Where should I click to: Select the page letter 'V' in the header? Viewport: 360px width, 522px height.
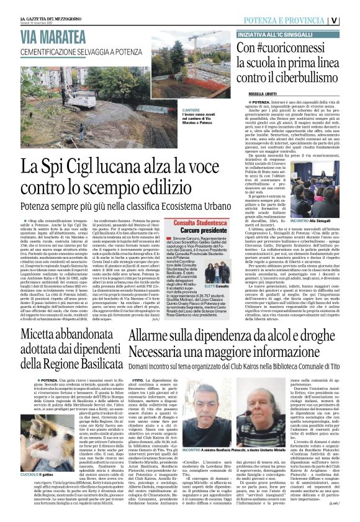click(x=351, y=20)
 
